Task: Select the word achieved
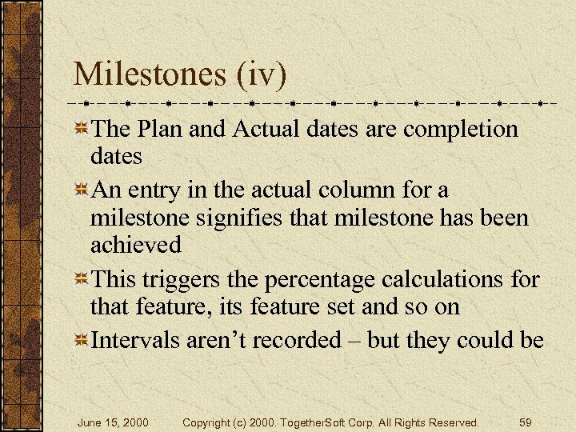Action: tap(136, 245)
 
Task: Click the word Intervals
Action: tap(136, 341)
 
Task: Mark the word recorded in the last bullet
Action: tap(302, 341)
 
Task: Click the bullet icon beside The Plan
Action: tap(81, 130)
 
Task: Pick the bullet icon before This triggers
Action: tap(81, 281)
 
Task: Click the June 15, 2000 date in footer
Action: tap(113, 422)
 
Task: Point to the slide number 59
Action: tap(526, 422)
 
